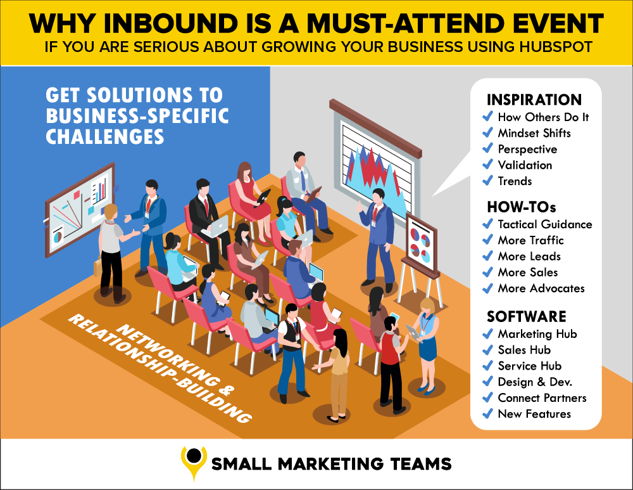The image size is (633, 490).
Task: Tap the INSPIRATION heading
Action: click(x=534, y=100)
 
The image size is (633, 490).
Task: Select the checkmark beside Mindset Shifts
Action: click(x=487, y=132)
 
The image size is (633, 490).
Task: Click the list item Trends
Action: click(x=515, y=181)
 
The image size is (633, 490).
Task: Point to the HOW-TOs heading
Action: click(x=521, y=207)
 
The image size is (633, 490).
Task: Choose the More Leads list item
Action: click(x=529, y=256)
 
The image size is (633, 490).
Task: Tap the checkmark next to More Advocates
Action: click(x=487, y=288)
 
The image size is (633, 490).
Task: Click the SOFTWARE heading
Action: click(x=527, y=316)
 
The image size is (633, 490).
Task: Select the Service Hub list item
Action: click(x=530, y=366)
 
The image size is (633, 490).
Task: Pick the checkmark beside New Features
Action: click(x=487, y=413)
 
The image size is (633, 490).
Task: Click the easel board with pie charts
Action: click(x=422, y=245)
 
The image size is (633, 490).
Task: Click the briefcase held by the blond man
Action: click(x=97, y=267)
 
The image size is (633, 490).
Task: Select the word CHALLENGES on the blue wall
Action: click(x=105, y=137)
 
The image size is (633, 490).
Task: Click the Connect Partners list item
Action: click(x=542, y=398)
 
